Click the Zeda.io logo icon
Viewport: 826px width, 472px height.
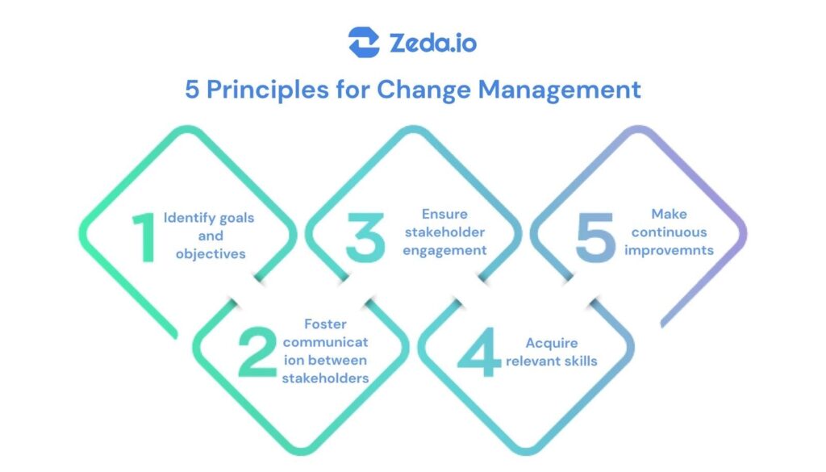[364, 42]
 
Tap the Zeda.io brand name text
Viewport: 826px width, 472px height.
[433, 43]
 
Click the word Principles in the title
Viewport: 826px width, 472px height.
[268, 90]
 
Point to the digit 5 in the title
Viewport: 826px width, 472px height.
[192, 90]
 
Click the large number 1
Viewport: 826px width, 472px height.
[144, 237]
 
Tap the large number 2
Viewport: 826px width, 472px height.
[257, 352]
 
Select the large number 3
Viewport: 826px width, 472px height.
[365, 237]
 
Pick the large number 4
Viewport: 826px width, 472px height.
[479, 352]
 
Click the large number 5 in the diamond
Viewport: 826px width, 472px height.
[595, 237]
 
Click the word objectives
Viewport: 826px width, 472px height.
[211, 254]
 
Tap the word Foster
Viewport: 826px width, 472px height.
[326, 324]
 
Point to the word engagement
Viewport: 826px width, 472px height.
[444, 251]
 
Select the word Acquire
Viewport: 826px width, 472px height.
[552, 344]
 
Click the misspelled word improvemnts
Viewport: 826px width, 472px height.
[669, 250]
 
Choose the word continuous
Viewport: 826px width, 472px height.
[669, 232]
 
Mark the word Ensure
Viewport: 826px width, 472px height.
[444, 214]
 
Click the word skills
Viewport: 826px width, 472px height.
[581, 361]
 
